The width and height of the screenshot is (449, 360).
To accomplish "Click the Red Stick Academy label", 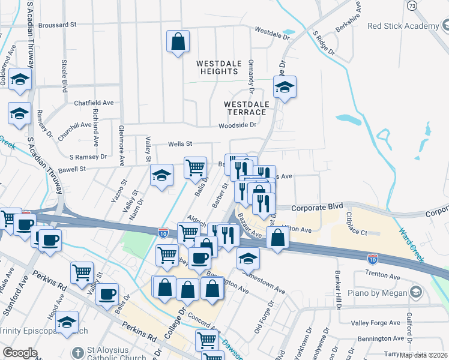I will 403,26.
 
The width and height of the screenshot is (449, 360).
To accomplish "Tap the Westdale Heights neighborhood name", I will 218,67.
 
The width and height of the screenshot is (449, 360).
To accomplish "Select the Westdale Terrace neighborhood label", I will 245,108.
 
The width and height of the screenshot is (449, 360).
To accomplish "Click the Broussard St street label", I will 58,26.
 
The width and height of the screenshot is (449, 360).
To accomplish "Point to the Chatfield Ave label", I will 94,103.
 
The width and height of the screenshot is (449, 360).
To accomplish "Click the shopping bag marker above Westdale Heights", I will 178,42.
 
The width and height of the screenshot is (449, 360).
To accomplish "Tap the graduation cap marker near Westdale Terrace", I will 285,88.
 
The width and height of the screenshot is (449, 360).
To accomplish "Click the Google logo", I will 20,353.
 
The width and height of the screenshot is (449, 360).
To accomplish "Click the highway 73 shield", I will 412,5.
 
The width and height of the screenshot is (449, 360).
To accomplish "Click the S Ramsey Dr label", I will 88,156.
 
